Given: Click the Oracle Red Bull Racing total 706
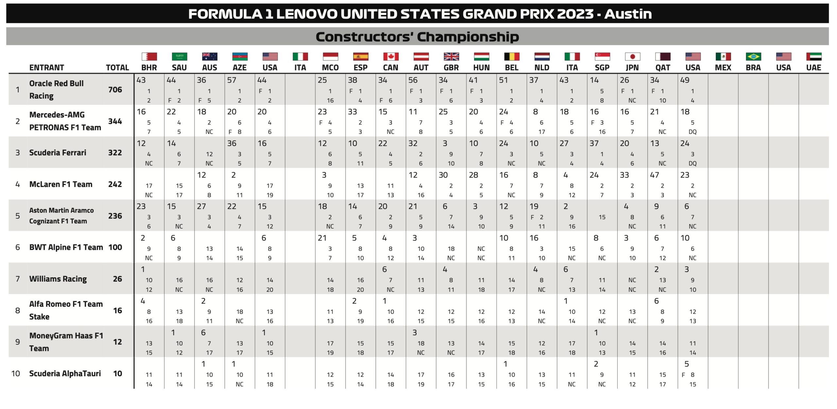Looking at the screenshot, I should click(115, 90).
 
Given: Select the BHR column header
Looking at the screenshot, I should click(149, 67).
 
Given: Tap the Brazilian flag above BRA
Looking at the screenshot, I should click(753, 57).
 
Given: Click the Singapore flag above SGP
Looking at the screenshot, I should click(602, 57).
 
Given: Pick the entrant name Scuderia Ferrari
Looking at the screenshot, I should click(58, 153).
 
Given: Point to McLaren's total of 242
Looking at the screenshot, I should click(115, 184).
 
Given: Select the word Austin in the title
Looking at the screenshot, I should click(628, 14).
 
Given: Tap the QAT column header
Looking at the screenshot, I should click(663, 67).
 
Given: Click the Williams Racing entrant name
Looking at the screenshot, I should click(58, 279).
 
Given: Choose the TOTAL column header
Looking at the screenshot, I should click(117, 67).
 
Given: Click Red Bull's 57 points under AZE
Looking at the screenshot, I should click(232, 80).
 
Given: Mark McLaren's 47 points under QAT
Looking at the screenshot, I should click(655, 175).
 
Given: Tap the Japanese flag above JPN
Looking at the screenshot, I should click(632, 57).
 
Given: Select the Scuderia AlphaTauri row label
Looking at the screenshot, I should click(65, 374).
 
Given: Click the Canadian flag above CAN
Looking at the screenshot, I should click(391, 57).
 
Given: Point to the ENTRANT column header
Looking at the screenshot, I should click(46, 67).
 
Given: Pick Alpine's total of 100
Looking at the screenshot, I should click(115, 247).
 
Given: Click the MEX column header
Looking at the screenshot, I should click(723, 67).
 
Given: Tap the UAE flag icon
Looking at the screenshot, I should click(814, 57).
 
